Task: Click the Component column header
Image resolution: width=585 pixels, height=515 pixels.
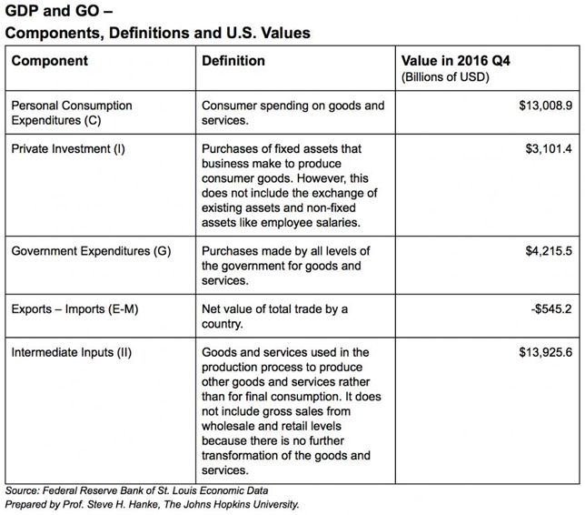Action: [50, 61]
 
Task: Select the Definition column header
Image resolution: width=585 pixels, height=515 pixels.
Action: [233, 61]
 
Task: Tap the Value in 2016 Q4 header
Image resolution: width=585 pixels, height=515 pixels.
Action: [455, 61]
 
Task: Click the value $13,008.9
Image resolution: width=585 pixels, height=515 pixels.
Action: [545, 106]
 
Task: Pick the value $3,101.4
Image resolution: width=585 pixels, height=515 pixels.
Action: [549, 148]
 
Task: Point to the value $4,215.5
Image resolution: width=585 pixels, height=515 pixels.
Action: [549, 251]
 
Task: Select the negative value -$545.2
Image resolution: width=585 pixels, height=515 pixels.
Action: [551, 309]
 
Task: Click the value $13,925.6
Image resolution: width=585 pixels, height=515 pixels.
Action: [545, 352]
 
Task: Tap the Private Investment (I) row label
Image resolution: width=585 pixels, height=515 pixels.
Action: [68, 148]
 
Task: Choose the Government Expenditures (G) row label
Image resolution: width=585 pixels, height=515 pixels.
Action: [91, 251]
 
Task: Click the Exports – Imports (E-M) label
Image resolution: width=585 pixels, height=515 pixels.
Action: [74, 309]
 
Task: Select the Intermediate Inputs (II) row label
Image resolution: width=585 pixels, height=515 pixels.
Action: [71, 352]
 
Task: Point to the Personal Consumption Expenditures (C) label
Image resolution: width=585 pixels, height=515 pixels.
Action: [72, 113]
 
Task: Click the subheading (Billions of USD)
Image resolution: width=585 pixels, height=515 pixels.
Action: [445, 77]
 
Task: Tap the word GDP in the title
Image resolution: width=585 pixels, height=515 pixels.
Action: [22, 11]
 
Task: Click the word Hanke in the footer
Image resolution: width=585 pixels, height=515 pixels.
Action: [144, 504]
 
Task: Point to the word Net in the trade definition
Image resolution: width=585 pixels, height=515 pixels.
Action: [211, 309]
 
